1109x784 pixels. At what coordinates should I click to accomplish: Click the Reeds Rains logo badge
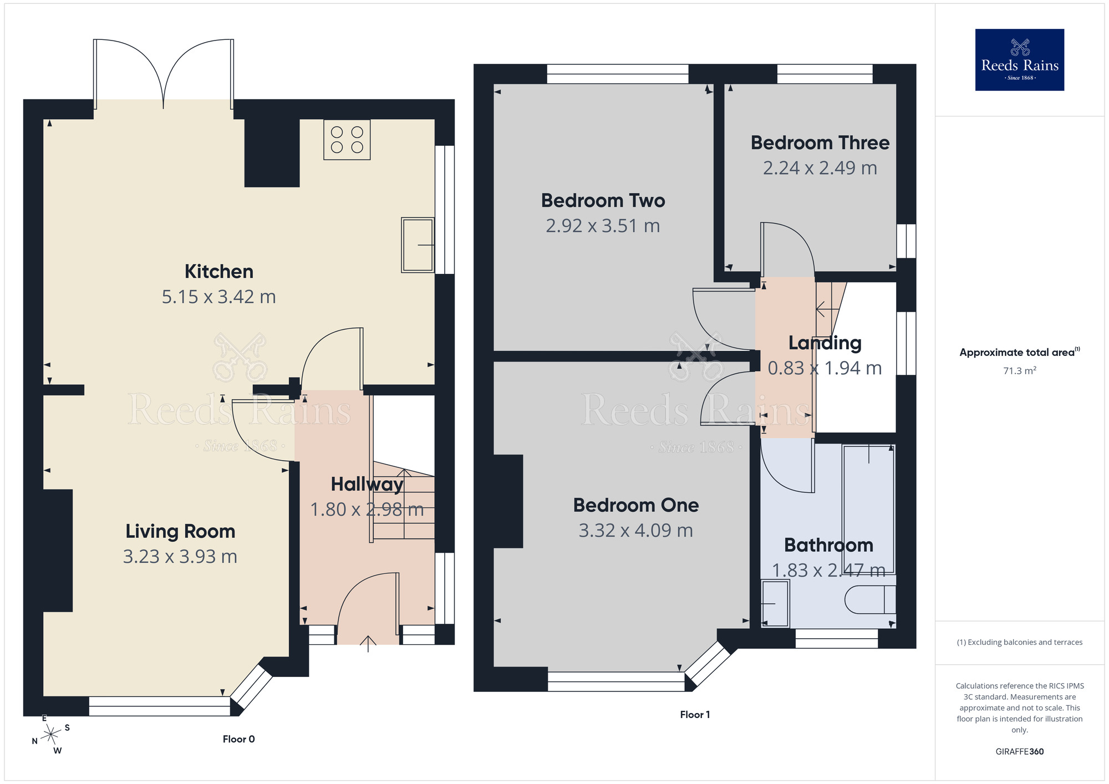pyautogui.click(x=1019, y=60)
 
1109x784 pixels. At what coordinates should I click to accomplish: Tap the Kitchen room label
pyautogui.click(x=219, y=272)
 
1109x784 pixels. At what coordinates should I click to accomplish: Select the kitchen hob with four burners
pyautogui.click(x=347, y=140)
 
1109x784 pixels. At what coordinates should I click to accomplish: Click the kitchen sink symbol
pyautogui.click(x=418, y=245)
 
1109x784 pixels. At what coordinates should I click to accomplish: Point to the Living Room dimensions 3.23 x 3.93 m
pyautogui.click(x=180, y=556)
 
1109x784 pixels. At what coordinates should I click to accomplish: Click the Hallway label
pyautogui.click(x=367, y=484)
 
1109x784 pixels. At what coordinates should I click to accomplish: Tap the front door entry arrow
pyautogui.click(x=368, y=643)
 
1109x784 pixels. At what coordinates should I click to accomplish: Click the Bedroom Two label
pyautogui.click(x=603, y=200)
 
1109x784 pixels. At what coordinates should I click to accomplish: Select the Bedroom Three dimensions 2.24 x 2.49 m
pyautogui.click(x=820, y=168)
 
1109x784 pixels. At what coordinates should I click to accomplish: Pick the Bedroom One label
pyautogui.click(x=635, y=505)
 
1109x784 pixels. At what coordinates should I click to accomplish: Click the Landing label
pyautogui.click(x=825, y=343)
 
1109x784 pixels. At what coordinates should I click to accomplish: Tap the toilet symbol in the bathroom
pyautogui.click(x=869, y=599)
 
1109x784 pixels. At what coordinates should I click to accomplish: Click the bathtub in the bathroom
pyautogui.click(x=868, y=508)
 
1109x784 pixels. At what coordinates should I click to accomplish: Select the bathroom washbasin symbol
pyautogui.click(x=775, y=603)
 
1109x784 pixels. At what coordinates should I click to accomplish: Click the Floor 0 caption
pyautogui.click(x=238, y=739)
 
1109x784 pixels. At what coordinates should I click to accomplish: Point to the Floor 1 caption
pyautogui.click(x=695, y=715)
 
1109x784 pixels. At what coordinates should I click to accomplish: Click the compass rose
pyautogui.click(x=51, y=735)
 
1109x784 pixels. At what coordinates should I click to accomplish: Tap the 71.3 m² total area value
pyautogui.click(x=1019, y=370)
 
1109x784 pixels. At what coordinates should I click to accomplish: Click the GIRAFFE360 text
pyautogui.click(x=1019, y=752)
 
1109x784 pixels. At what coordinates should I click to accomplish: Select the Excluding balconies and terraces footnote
pyautogui.click(x=1019, y=642)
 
